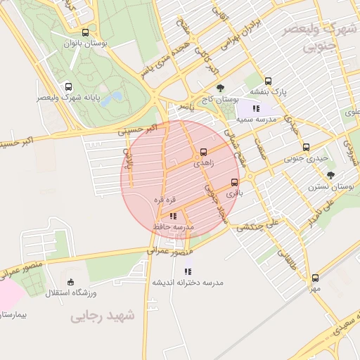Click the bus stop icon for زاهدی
[x=204, y=152]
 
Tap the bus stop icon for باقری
[x=235, y=182]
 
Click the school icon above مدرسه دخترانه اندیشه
[x=187, y=271]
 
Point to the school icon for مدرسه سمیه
[x=256, y=108]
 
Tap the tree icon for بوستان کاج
[x=221, y=89]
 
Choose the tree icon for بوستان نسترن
[x=330, y=175]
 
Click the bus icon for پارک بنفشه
[x=268, y=81]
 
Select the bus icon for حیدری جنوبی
[x=305, y=147]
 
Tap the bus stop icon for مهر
[x=315, y=278]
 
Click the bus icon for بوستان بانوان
[x=86, y=32]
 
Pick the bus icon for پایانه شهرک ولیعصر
[x=68, y=87]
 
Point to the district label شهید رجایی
[x=102, y=317]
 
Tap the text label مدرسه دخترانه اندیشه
[x=188, y=283]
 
